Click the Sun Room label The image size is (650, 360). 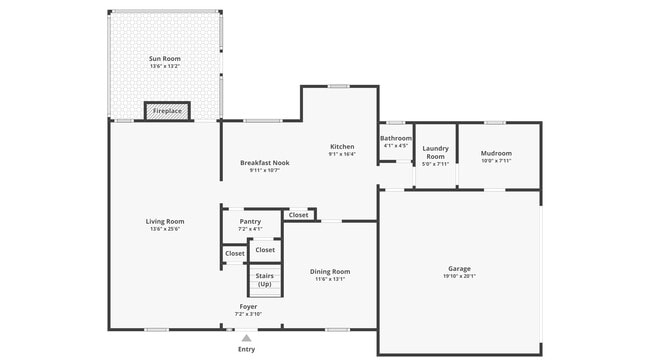pyautogui.click(x=164, y=59)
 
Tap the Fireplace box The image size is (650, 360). pyautogui.click(x=167, y=111)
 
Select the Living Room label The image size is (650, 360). pyautogui.click(x=164, y=221)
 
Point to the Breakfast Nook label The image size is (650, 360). pyautogui.click(x=264, y=162)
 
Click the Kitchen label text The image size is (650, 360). pyautogui.click(x=342, y=146)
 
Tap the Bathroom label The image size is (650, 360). pyautogui.click(x=396, y=138)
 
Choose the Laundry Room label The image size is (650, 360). pyautogui.click(x=436, y=152)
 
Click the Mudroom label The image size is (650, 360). pyautogui.click(x=496, y=152)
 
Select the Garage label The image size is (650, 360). pyautogui.click(x=459, y=268)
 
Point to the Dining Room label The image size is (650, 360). pyautogui.click(x=329, y=271)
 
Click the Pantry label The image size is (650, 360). pyautogui.click(x=249, y=221)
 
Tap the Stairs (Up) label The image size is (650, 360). pyautogui.click(x=265, y=279)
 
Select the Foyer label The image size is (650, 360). pyautogui.click(x=248, y=306)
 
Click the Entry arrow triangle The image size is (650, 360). pyautogui.click(x=246, y=338)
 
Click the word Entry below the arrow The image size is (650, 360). pyautogui.click(x=246, y=350)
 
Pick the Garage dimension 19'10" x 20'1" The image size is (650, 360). pyautogui.click(x=459, y=276)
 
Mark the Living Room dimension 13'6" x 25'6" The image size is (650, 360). pyautogui.click(x=164, y=229)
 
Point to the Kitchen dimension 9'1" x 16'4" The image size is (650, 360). pyautogui.click(x=342, y=154)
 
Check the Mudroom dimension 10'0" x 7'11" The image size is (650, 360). pyautogui.click(x=496, y=160)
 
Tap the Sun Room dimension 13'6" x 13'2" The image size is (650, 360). pyautogui.click(x=164, y=67)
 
